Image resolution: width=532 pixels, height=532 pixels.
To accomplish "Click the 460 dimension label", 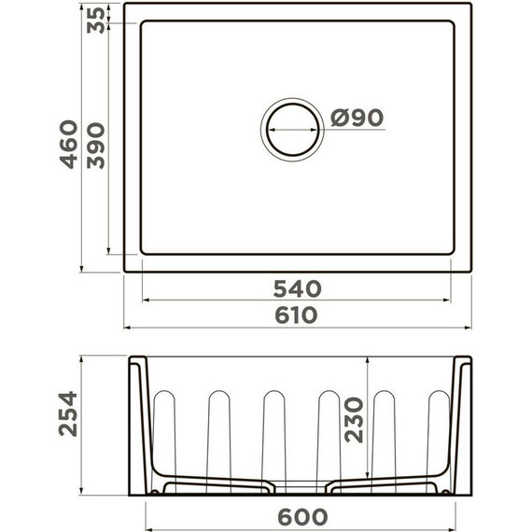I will pos(66,145).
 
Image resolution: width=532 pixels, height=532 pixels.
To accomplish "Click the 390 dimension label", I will pos(95,145).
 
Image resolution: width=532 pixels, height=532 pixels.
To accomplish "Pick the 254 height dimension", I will pos(66,413).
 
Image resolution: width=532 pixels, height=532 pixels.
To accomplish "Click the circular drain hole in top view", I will pos(294,129).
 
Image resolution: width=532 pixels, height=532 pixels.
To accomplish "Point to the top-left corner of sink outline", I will pos(125,4).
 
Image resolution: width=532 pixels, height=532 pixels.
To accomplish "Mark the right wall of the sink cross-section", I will pos(460,420).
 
